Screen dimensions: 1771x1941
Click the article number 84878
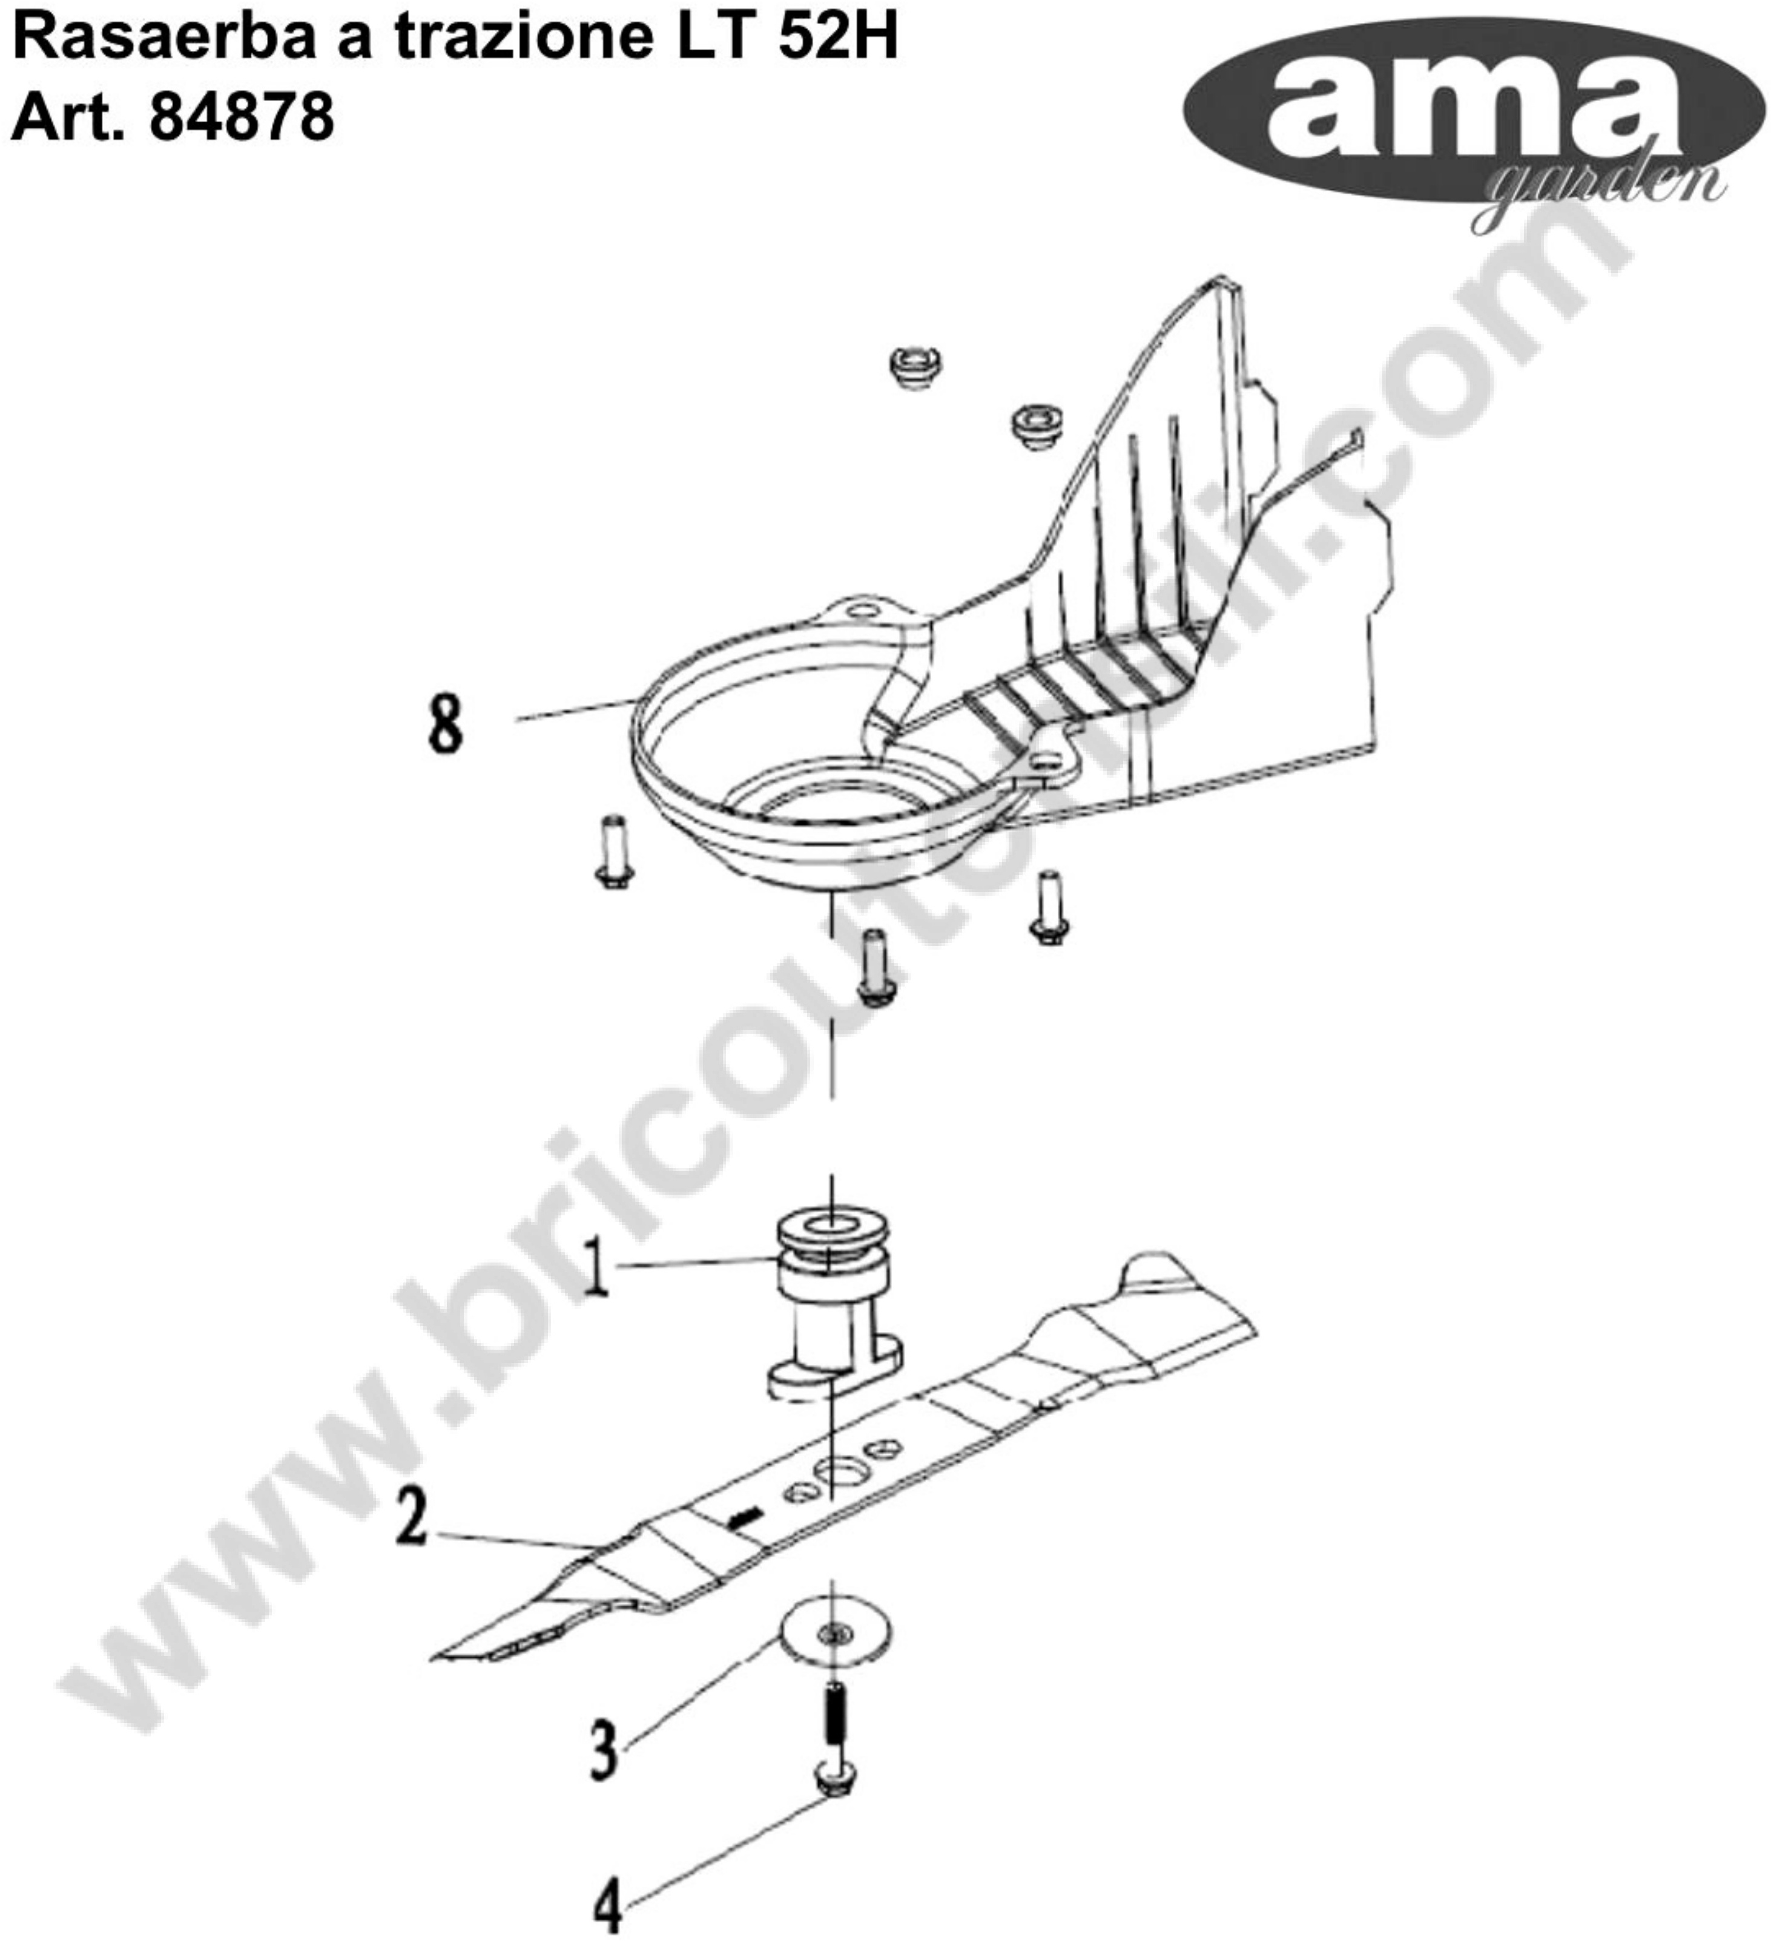(x=242, y=116)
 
